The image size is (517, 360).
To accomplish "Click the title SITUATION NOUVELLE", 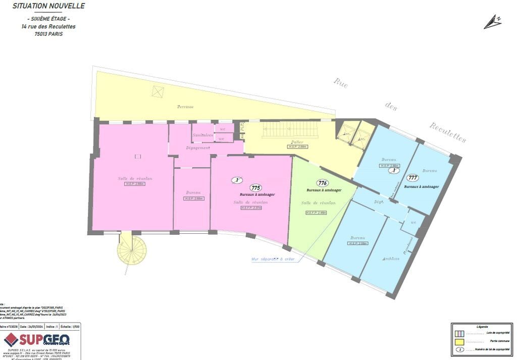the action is click(48, 6).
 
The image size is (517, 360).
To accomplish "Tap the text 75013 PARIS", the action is click(48, 34).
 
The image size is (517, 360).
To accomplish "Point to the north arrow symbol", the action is click(492, 22).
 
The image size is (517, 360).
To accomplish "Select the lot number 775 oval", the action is click(255, 187).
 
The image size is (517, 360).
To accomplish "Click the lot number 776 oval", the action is click(322, 183).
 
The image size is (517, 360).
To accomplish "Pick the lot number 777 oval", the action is click(412, 178).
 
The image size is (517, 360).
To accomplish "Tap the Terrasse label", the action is click(185, 107).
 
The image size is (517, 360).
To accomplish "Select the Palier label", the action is click(297, 142).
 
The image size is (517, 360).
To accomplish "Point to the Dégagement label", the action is click(197, 148).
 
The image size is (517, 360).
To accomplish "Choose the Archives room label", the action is click(391, 259).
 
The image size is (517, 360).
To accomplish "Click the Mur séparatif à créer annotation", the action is click(273, 260).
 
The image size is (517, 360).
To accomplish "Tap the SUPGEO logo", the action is click(37, 339).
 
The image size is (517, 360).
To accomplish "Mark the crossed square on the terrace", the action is click(159, 91).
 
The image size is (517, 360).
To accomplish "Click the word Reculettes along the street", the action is click(448, 132).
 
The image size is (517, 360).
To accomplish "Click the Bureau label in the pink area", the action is click(193, 192).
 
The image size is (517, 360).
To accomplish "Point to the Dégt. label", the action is click(379, 201).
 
